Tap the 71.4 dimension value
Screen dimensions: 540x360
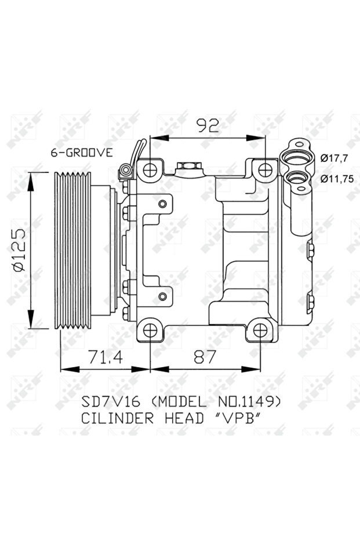pyautogui.click(x=105, y=357)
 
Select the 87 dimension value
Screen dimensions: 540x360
pyautogui.click(x=204, y=357)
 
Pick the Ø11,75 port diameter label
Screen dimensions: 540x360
pyautogui.click(x=337, y=179)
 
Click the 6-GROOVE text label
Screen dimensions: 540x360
pyautogui.click(x=81, y=153)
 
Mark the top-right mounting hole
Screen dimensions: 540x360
pyautogui.click(x=265, y=169)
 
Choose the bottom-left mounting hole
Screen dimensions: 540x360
pyautogui.click(x=150, y=331)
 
